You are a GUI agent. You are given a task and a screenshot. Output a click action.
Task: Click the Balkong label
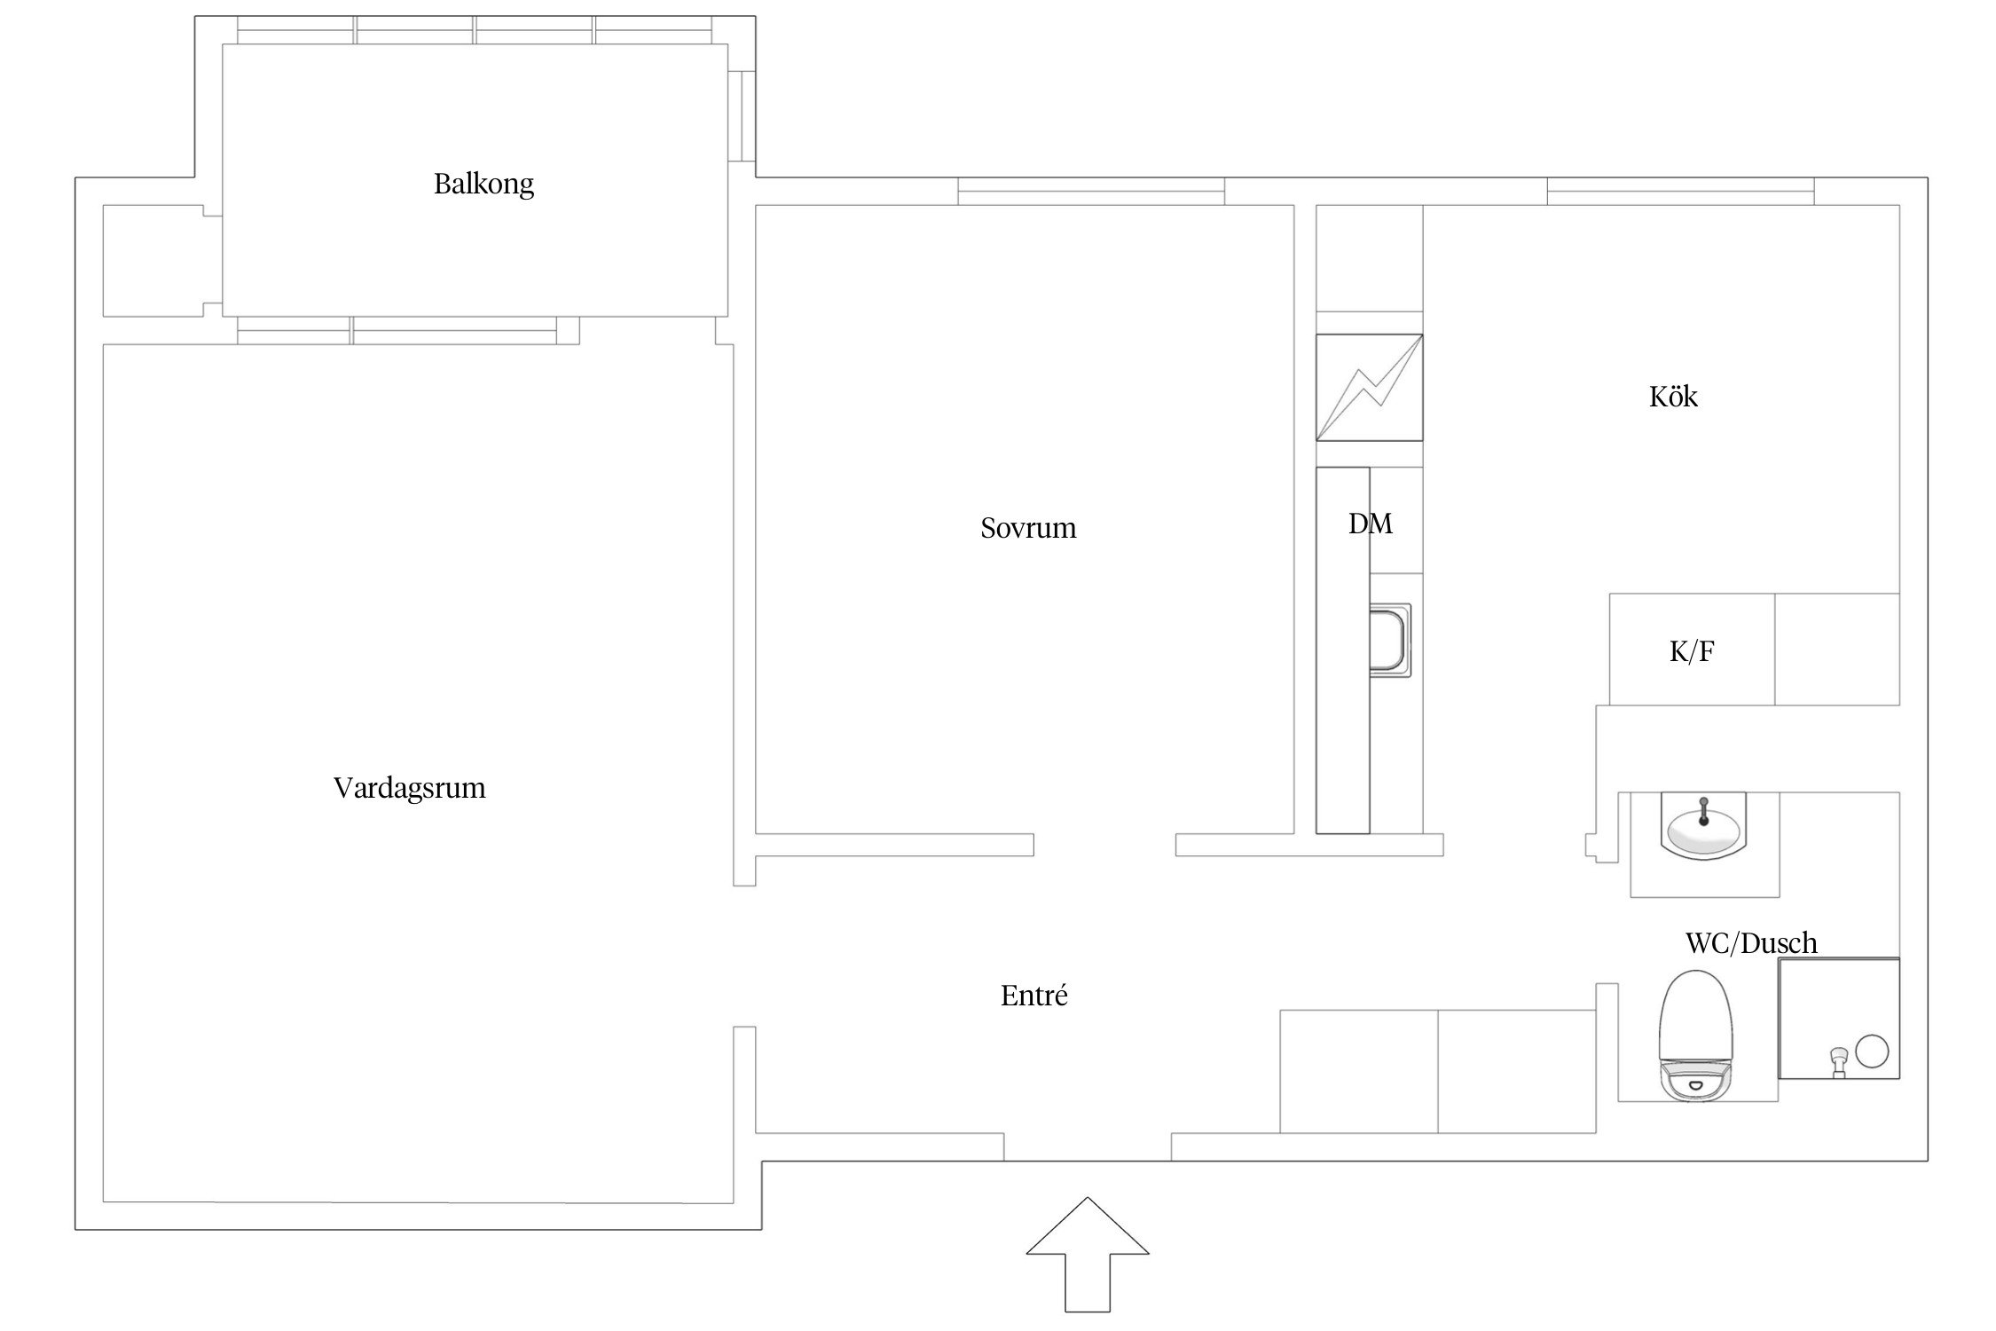click(483, 185)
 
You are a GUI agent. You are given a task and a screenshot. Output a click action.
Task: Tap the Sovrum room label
click(1028, 528)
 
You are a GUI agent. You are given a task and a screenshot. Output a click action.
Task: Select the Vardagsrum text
click(409, 788)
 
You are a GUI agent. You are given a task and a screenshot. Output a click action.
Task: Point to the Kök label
click(1673, 397)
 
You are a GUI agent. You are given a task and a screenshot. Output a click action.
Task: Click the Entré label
click(1033, 996)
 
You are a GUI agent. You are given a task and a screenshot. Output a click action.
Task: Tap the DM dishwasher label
click(1370, 524)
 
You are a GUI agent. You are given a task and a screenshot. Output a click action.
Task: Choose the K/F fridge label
click(1691, 652)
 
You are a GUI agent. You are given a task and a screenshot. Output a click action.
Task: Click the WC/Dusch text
click(1750, 942)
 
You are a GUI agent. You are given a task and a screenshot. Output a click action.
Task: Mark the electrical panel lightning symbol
click(1369, 388)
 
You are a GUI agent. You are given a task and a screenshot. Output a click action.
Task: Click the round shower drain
click(1872, 1051)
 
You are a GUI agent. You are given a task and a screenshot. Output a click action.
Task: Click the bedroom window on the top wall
click(1090, 191)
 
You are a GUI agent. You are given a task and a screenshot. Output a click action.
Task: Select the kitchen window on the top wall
click(1680, 191)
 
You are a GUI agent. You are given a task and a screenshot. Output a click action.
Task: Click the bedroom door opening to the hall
click(1104, 845)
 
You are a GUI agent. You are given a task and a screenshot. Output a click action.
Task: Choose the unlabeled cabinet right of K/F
click(1836, 650)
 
